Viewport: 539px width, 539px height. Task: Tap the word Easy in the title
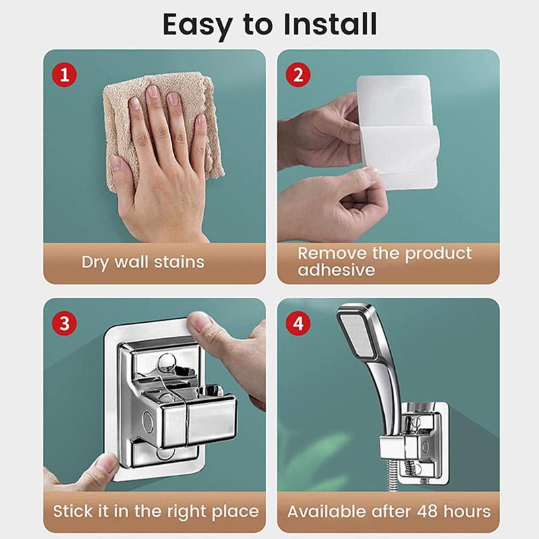199,26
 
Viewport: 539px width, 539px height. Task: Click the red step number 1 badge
65,73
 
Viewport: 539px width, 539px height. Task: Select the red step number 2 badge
298,73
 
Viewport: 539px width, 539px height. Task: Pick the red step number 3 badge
65,323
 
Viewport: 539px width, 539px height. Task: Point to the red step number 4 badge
298,323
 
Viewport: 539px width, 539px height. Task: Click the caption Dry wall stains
143,261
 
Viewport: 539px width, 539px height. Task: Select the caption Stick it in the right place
156,511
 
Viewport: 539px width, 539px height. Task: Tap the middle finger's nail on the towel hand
153,92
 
